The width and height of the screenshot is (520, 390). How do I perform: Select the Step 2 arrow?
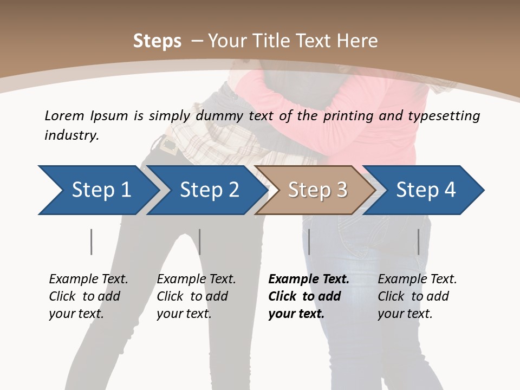[x=209, y=190]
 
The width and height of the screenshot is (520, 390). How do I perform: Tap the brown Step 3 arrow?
[x=317, y=190]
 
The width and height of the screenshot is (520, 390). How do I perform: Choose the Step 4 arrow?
[x=426, y=190]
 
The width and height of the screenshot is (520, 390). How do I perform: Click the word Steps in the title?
[x=157, y=41]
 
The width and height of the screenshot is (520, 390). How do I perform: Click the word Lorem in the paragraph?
[x=64, y=115]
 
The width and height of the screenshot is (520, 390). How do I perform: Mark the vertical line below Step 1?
[x=91, y=242]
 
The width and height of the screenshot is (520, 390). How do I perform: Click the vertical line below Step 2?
[x=199, y=242]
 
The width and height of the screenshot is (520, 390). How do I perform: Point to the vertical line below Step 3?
[x=309, y=242]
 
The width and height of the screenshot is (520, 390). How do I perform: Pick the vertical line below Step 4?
[x=418, y=242]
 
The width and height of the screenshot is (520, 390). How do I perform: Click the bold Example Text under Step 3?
[x=309, y=279]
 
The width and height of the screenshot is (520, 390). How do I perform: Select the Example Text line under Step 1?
[x=88, y=279]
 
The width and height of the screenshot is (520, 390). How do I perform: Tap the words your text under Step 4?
[x=405, y=314]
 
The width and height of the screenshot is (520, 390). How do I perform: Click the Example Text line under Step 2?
[x=196, y=279]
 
